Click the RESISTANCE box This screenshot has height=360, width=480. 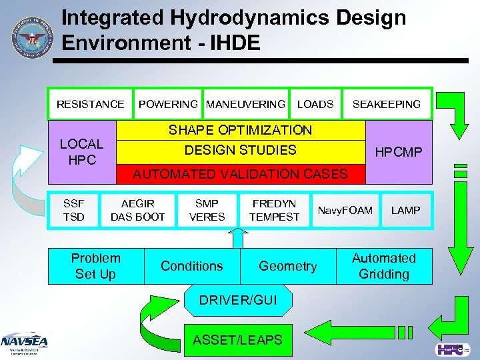[x=90, y=104]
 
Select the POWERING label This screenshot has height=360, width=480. [x=167, y=104]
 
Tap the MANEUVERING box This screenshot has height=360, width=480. [x=246, y=104]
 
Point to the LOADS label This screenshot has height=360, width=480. [x=315, y=104]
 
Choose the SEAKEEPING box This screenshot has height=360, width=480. [x=387, y=104]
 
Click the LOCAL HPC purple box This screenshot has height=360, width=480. [x=81, y=152]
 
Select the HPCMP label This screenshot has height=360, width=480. [x=399, y=152]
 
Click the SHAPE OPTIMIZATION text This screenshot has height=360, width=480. [x=240, y=130]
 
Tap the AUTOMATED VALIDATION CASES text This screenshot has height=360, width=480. [x=241, y=174]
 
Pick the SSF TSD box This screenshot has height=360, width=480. [x=73, y=210]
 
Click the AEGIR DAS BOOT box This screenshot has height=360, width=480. [x=137, y=210]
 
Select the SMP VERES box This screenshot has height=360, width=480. [x=207, y=210]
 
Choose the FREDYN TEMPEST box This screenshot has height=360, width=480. [x=274, y=210]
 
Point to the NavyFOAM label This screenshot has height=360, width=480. [x=345, y=211]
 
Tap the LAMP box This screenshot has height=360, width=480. [x=405, y=211]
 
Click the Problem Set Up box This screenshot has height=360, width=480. [x=95, y=266]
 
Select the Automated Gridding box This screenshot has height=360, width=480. [x=383, y=266]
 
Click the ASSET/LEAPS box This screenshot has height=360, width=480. [x=237, y=340]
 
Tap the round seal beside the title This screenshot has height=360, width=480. [x=30, y=37]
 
